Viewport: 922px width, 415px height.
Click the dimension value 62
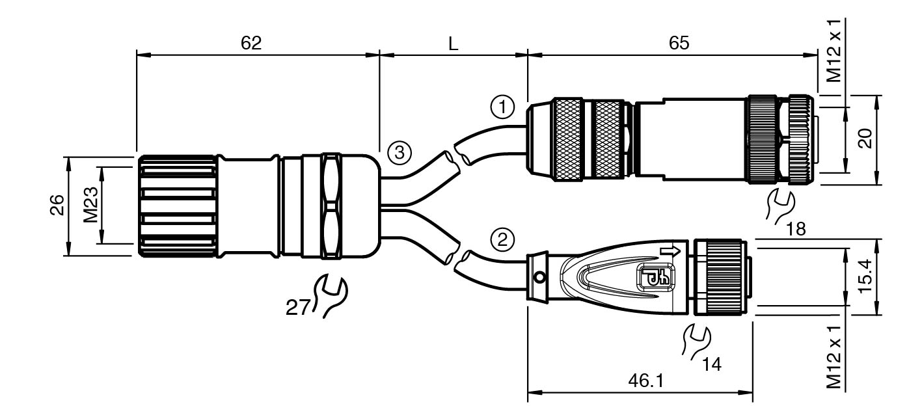click(x=251, y=43)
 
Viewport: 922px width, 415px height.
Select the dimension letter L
click(x=453, y=43)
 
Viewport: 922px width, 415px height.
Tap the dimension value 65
click(x=679, y=43)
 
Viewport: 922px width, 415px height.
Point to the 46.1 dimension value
click(x=646, y=381)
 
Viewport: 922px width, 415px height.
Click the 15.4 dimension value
click(x=865, y=276)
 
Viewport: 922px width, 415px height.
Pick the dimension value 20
click(x=865, y=139)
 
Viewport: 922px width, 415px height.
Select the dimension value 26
click(x=57, y=205)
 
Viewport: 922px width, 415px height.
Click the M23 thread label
click(x=90, y=205)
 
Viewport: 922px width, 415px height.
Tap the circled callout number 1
click(x=502, y=107)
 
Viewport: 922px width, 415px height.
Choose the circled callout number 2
click(x=502, y=239)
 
